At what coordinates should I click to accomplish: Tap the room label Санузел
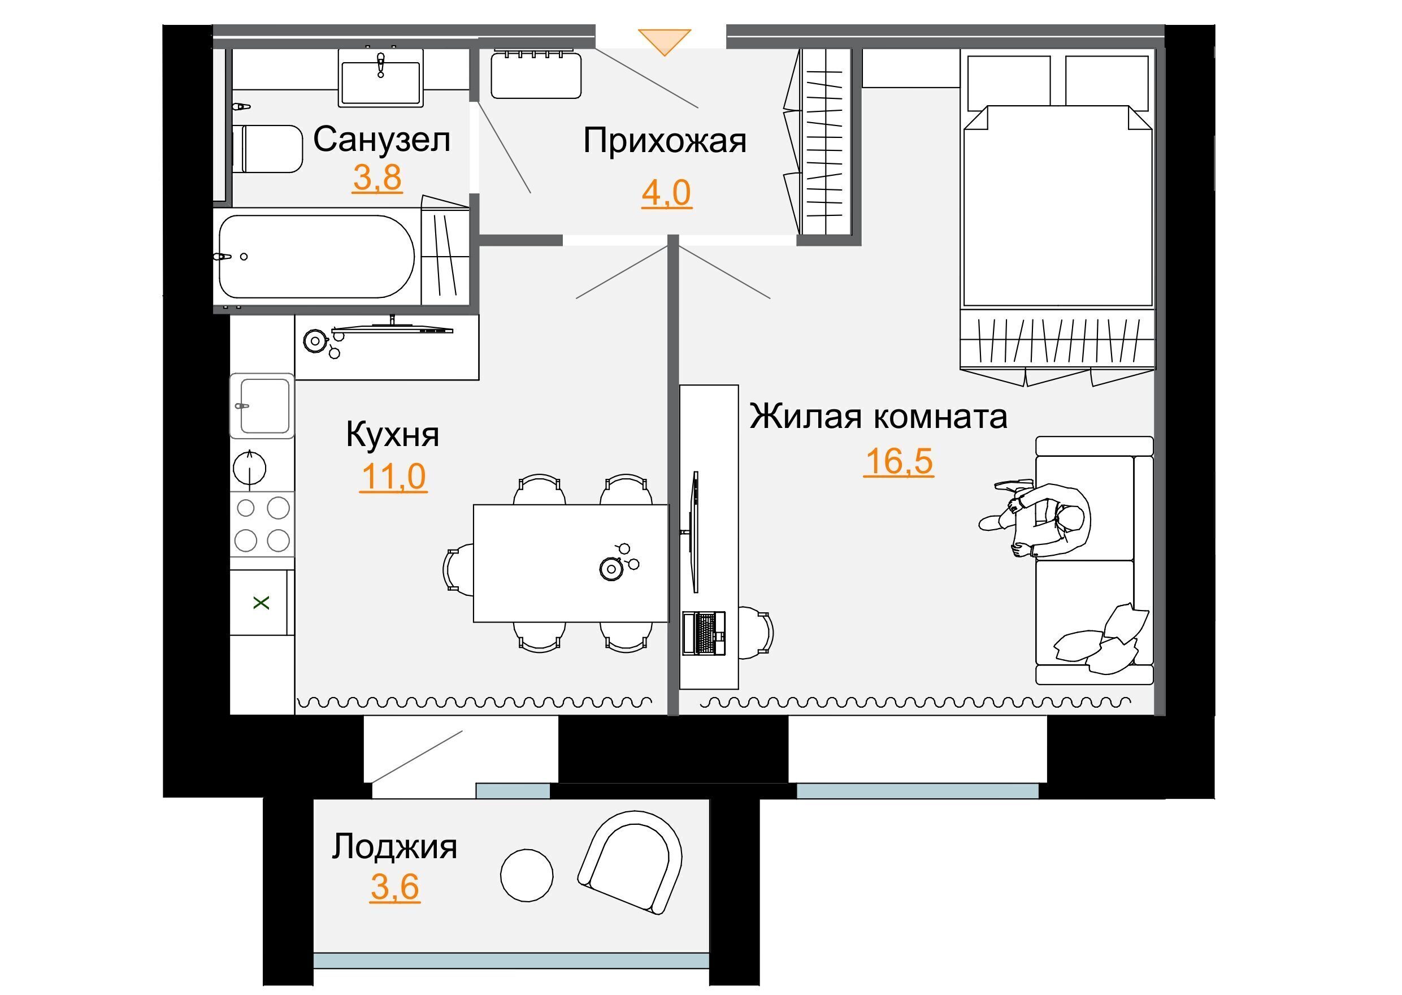click(x=381, y=139)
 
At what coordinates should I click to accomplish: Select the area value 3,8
click(x=377, y=178)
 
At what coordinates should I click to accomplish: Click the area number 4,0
click(x=666, y=193)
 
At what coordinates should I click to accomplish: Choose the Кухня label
click(x=393, y=435)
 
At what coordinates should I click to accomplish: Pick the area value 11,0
click(x=393, y=477)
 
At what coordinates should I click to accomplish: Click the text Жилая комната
click(x=878, y=417)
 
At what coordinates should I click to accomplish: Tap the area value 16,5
click(x=899, y=461)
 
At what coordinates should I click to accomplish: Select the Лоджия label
click(x=394, y=848)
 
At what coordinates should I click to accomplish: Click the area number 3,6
click(x=395, y=887)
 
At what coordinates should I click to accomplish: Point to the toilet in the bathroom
click(x=268, y=149)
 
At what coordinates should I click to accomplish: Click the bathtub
click(x=316, y=257)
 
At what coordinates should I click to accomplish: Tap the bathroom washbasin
click(x=381, y=77)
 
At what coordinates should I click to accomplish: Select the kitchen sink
click(x=262, y=405)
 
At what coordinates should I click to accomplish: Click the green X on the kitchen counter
click(x=262, y=603)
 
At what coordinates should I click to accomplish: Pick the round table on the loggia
click(x=526, y=875)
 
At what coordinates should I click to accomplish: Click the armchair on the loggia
click(x=631, y=863)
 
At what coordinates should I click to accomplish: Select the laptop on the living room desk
click(x=704, y=633)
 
